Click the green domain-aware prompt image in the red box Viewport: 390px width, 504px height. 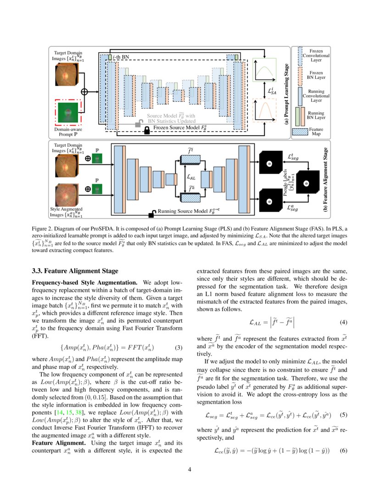point(67,113)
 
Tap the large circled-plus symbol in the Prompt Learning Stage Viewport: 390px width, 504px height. point(84,92)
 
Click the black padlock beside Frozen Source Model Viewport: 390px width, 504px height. point(147,131)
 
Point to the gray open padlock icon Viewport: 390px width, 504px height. point(137,124)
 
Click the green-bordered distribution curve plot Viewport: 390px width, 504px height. point(264,70)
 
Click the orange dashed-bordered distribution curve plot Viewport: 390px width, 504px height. point(264,111)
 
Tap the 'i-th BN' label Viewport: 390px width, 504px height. point(121,56)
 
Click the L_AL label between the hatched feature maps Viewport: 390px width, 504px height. point(190,176)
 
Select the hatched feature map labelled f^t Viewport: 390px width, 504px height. point(190,159)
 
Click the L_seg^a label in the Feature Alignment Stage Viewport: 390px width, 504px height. point(290,207)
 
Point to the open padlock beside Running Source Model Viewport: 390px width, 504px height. point(151,213)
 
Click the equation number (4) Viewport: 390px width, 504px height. point(344,322)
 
